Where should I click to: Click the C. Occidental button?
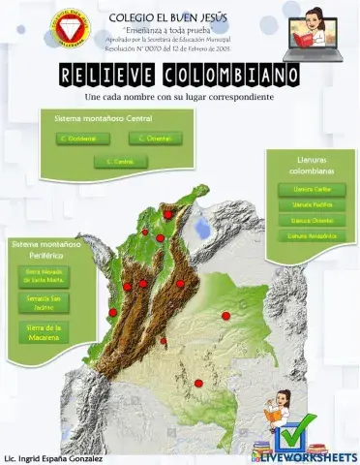point(76,139)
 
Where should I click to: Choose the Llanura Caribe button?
point(306,189)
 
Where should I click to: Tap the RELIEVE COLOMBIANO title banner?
point(179,76)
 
